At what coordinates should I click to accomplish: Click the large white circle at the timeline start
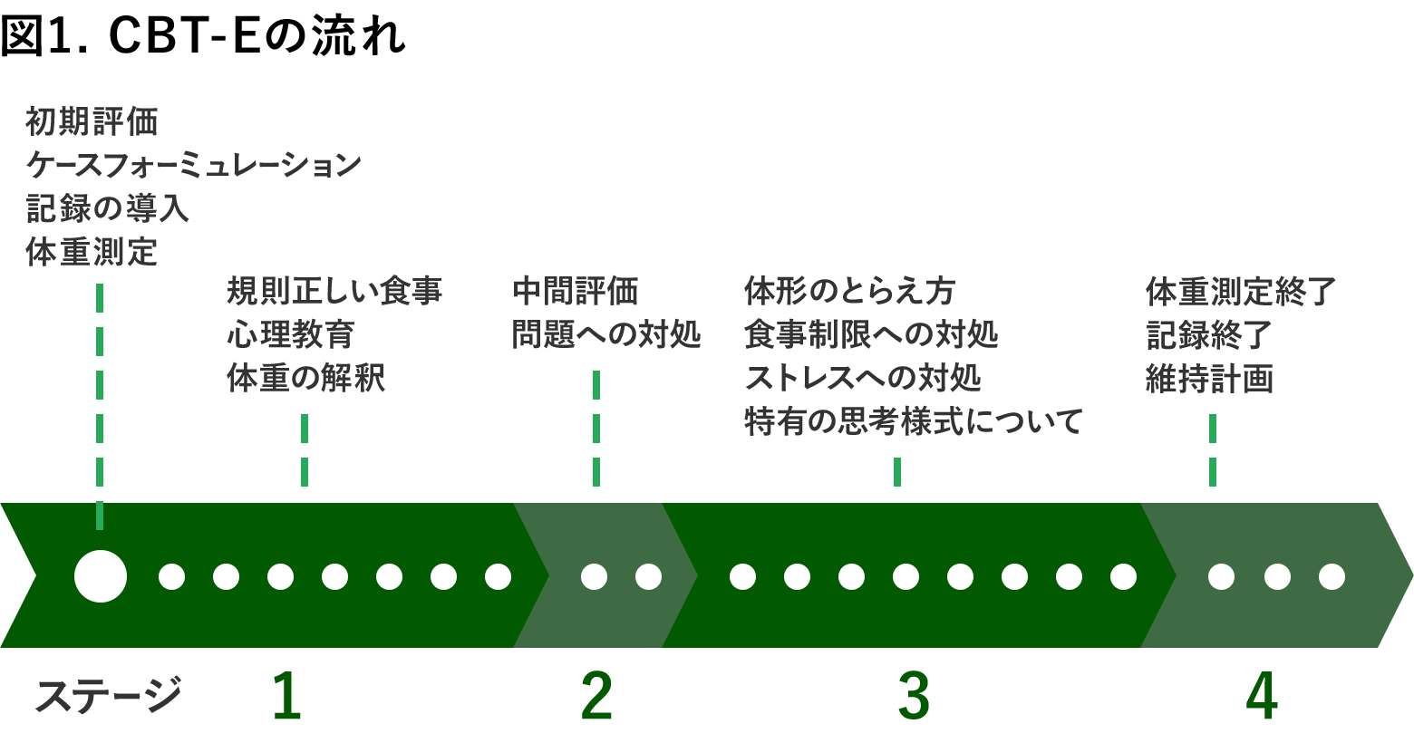101,576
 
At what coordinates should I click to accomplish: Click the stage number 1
286,696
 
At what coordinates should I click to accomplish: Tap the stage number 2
596,696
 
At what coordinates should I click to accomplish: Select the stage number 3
914,696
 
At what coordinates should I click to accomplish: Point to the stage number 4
1262,696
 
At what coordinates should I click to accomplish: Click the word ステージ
107,695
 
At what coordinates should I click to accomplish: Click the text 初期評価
92,122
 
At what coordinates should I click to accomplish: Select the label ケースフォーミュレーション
193,165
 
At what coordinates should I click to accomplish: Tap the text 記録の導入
107,208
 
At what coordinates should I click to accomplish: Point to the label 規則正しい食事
334,291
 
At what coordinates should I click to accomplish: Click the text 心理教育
291,334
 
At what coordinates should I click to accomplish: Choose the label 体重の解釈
306,377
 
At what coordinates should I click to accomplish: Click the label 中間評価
576,291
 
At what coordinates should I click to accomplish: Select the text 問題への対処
606,334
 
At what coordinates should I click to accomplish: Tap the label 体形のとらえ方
849,291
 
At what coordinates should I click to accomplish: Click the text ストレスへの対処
863,377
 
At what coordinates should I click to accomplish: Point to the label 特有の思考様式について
913,420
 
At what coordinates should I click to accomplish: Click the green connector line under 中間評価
596,428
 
